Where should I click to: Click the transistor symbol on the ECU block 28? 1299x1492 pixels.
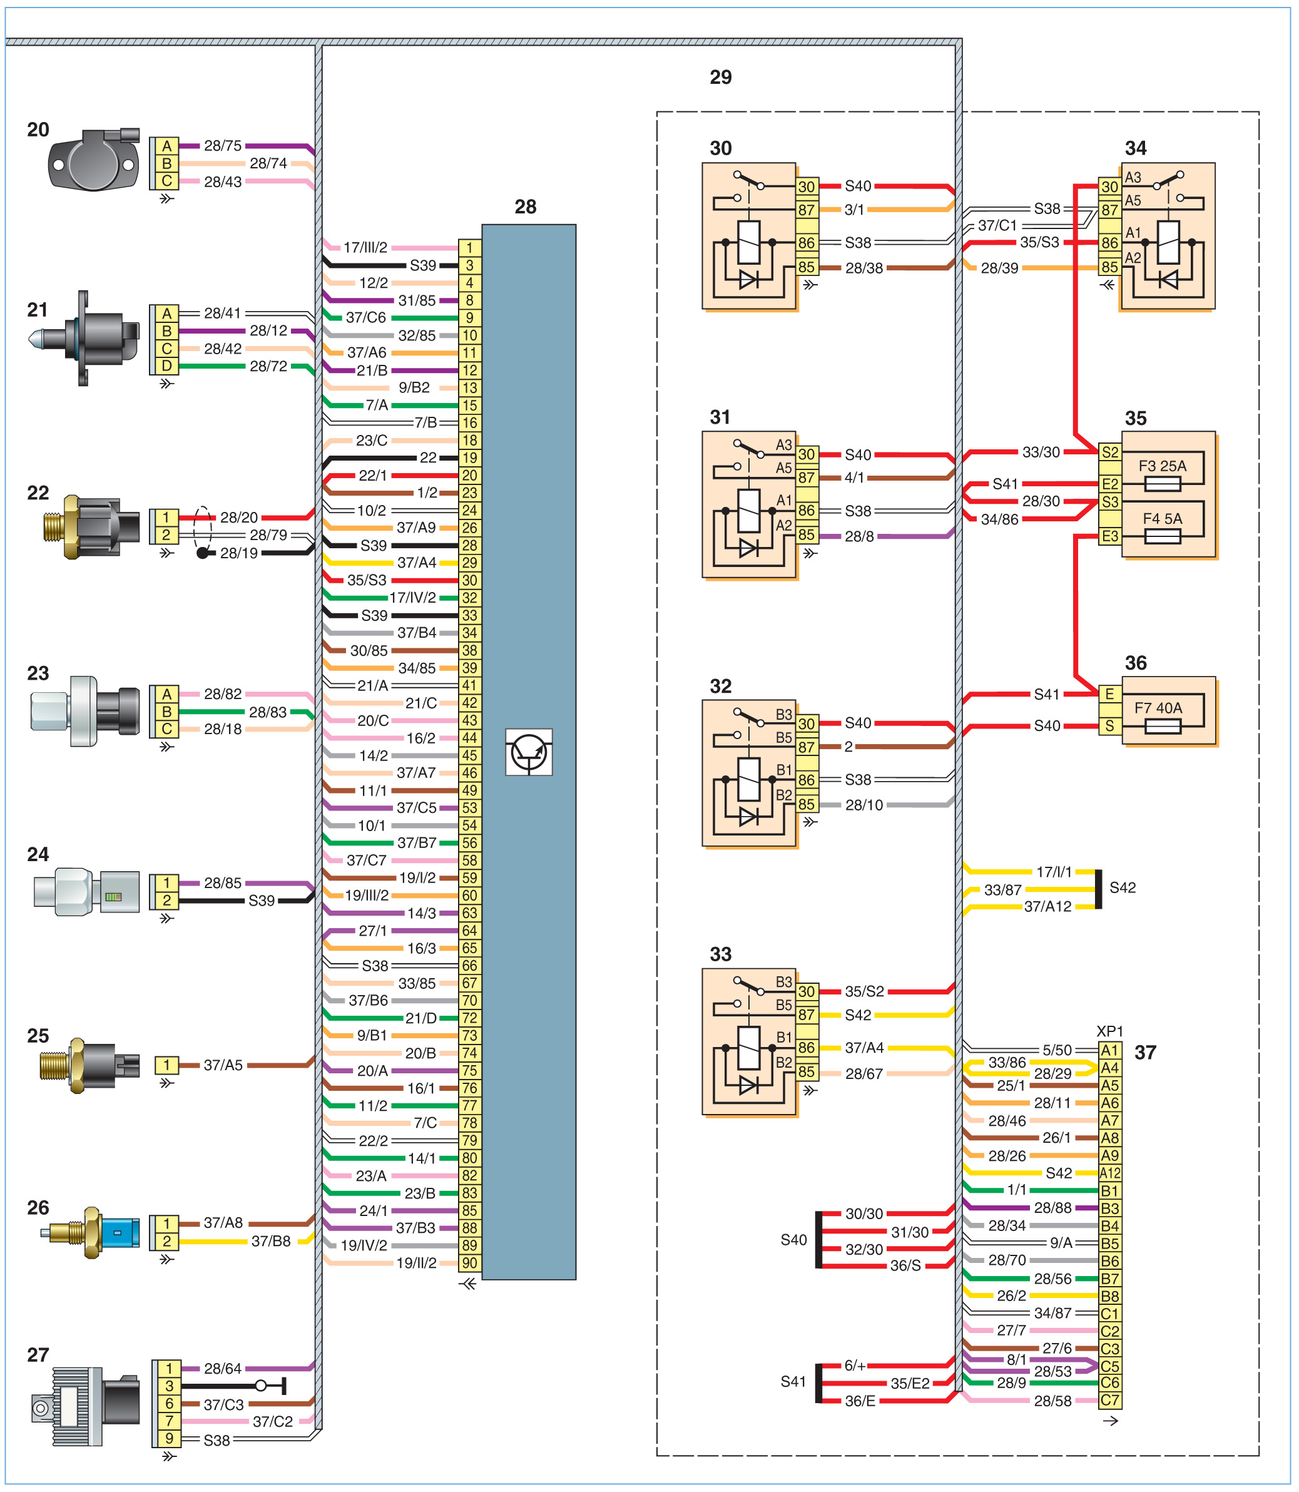point(529,752)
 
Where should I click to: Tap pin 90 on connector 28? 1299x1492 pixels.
point(470,1263)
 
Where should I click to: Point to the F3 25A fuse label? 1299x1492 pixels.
point(1162,466)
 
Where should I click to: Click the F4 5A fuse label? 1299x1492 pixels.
point(1162,518)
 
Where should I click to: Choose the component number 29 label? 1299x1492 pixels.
point(721,78)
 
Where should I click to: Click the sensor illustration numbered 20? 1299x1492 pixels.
point(93,160)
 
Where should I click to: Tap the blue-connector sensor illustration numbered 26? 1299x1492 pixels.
point(92,1232)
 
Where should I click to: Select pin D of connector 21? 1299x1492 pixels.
point(166,366)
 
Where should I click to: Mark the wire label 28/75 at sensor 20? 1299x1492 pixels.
point(223,146)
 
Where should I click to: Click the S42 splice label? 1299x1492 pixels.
point(1122,887)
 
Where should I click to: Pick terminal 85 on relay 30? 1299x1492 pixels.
point(807,267)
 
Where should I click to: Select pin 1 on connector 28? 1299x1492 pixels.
point(470,248)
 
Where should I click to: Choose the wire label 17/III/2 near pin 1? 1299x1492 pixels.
point(365,248)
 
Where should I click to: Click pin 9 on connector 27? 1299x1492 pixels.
point(169,1439)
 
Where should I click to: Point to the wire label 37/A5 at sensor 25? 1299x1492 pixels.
point(223,1065)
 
